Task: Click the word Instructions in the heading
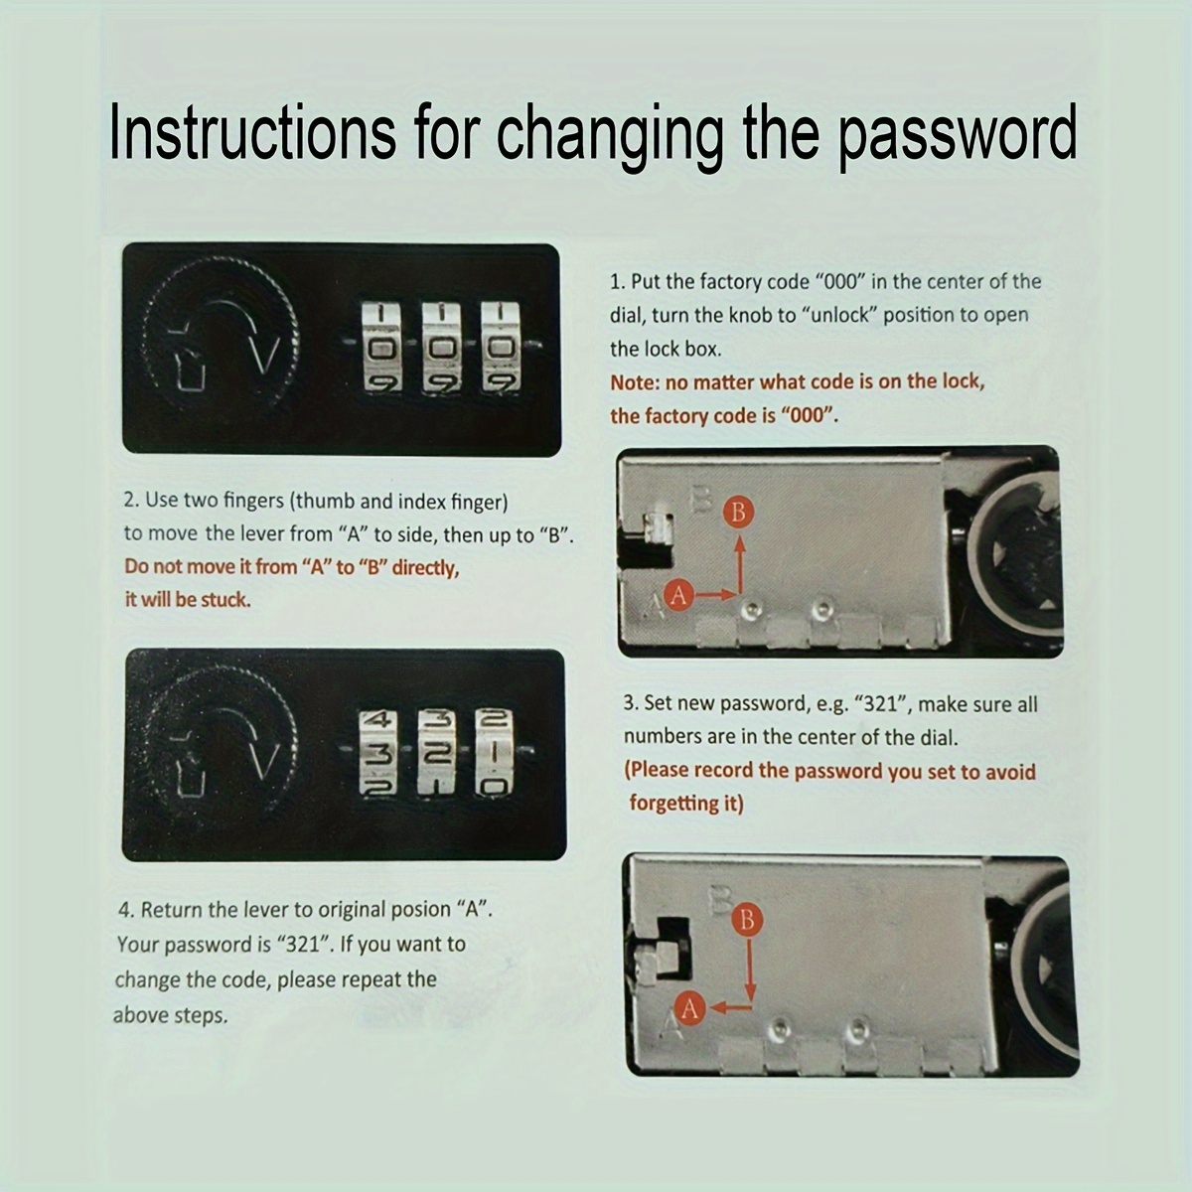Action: click(252, 133)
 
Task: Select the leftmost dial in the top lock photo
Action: click(381, 347)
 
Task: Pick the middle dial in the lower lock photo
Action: click(437, 751)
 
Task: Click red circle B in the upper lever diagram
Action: click(739, 513)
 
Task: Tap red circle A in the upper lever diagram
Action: click(679, 595)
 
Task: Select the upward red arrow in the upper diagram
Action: click(740, 563)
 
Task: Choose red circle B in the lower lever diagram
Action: click(747, 921)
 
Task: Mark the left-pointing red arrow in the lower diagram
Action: click(731, 1007)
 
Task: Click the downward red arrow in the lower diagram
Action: click(750, 969)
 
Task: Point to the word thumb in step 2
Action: click(326, 501)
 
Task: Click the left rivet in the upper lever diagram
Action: click(750, 609)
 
